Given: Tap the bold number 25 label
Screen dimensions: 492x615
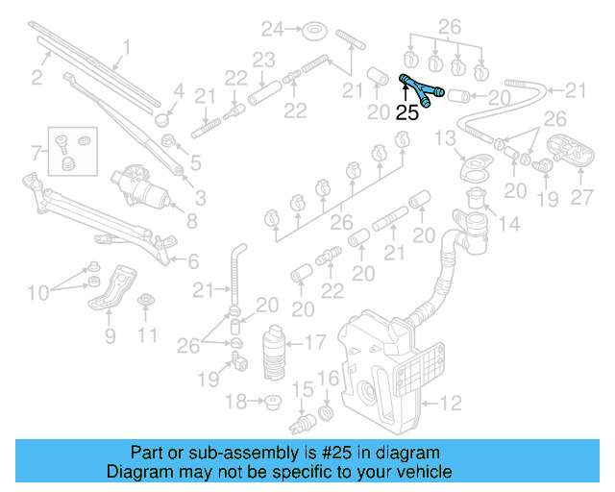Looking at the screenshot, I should pyautogui.click(x=407, y=112).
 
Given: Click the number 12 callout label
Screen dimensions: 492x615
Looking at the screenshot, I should pyautogui.click(x=452, y=403).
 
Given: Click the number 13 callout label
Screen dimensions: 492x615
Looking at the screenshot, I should pyautogui.click(x=444, y=139).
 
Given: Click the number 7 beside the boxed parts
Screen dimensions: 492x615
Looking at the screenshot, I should pyautogui.click(x=37, y=152).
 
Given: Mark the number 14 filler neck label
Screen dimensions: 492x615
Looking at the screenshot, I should pyautogui.click(x=508, y=224).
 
